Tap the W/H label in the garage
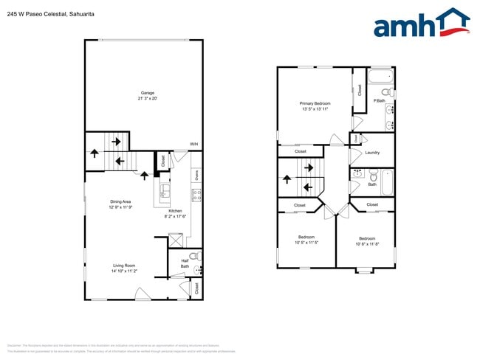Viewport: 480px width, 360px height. click(x=193, y=144)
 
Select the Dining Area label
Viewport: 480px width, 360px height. click(x=120, y=201)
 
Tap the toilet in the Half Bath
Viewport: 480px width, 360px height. click(x=194, y=256)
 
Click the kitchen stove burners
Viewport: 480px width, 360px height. click(x=196, y=195)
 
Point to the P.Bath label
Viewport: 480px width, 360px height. click(x=379, y=100)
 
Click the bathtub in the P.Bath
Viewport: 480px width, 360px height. click(x=381, y=77)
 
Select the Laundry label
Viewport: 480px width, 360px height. click(x=372, y=153)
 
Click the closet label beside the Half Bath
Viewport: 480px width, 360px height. click(x=197, y=289)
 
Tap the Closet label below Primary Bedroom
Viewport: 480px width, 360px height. click(x=301, y=151)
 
